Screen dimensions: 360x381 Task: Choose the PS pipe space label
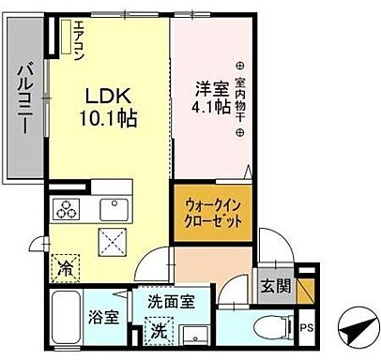pyautogui.click(x=307, y=327)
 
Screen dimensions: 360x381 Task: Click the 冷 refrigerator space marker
pyautogui.click(x=67, y=266)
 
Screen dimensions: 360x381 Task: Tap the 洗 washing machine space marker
pyautogui.click(x=159, y=329)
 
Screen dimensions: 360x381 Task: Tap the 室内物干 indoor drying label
pyautogui.click(x=242, y=97)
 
